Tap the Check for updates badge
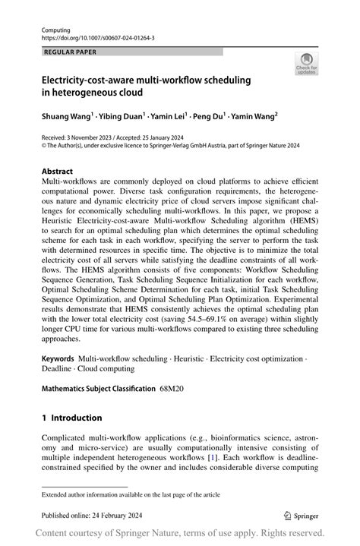coord(306,65)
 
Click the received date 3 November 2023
coord(93,138)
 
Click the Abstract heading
coord(58,172)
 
